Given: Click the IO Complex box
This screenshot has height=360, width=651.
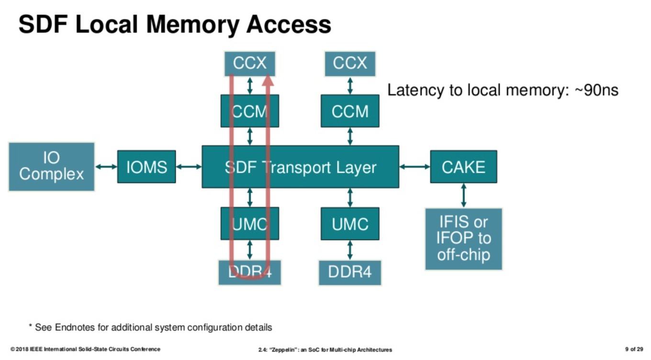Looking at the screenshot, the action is click(51, 167).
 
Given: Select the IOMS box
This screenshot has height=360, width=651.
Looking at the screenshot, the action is click(146, 167).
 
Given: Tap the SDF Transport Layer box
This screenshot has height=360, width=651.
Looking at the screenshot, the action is click(300, 167).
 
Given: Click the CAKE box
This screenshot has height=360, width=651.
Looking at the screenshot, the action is click(463, 167).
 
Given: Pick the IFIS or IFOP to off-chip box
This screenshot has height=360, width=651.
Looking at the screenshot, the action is click(463, 239).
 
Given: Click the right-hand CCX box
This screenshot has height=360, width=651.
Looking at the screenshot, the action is click(350, 64).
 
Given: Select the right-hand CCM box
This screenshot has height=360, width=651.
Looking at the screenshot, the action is click(350, 111).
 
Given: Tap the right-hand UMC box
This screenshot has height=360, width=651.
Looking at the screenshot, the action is click(350, 224).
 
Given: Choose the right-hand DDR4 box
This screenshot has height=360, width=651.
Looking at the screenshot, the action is click(350, 272).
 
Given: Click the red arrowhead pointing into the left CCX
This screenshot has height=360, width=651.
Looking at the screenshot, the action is click(268, 81).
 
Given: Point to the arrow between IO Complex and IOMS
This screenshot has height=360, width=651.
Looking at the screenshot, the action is click(106, 167).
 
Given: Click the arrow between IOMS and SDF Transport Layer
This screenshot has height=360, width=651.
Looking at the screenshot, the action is click(189, 167).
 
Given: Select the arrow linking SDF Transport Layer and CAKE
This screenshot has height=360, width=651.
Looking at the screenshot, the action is click(415, 167).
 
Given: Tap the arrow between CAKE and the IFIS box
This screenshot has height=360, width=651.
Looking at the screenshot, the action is click(463, 195).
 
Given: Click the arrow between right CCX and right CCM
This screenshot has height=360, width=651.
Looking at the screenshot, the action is click(350, 86).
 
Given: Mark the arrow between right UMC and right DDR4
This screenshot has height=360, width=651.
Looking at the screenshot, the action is click(350, 250).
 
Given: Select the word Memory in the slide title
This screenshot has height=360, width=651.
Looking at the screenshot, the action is click(193, 25).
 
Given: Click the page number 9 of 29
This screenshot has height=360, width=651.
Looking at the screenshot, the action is click(634, 349).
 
